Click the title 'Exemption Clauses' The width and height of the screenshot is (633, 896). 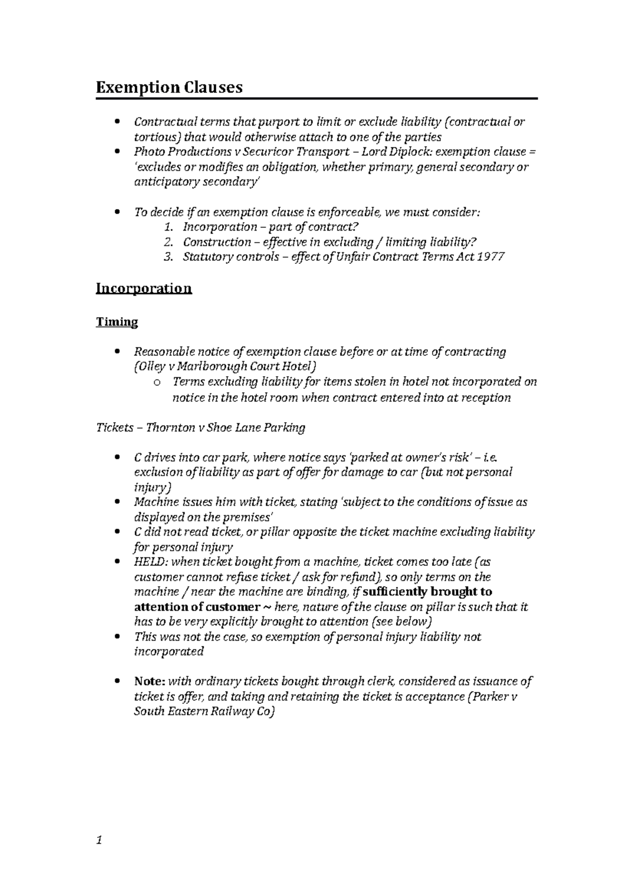coord(169,87)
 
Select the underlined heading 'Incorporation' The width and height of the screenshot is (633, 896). coord(143,288)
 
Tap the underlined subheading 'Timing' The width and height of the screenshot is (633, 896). coord(117,322)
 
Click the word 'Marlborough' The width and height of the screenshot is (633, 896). coord(206,367)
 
